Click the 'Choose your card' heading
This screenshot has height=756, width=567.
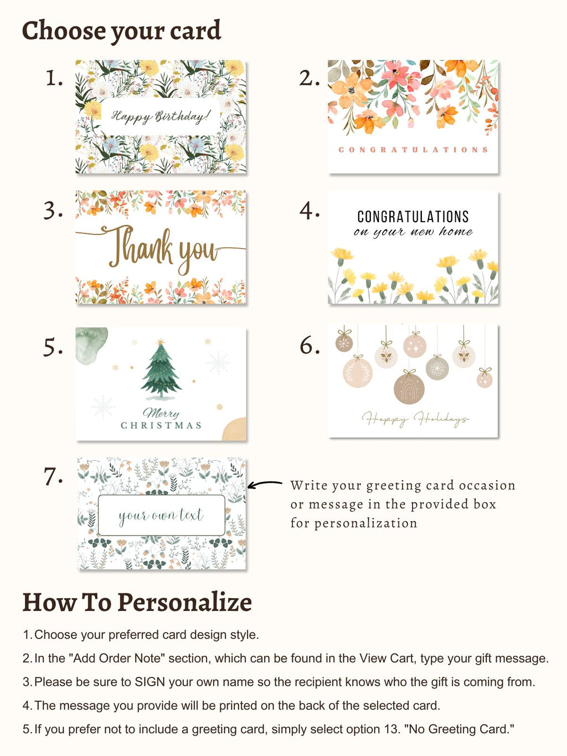coord(121,31)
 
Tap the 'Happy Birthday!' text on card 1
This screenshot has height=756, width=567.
coord(161,116)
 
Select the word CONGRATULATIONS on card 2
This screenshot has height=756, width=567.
coord(413,150)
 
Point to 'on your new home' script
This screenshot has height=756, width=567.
coord(413,232)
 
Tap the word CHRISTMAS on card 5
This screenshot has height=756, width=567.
coord(161,425)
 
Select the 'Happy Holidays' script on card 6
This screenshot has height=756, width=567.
coord(415,419)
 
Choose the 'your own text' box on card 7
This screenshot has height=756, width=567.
coord(161,515)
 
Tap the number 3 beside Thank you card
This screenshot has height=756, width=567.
coord(53,211)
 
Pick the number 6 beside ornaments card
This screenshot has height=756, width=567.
coord(310,346)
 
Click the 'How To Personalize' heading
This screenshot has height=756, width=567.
coord(137,603)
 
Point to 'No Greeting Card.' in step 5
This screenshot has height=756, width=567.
coord(460,729)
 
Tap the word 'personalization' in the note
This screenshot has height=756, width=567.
coord(365,523)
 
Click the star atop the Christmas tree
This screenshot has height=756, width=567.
coord(161,342)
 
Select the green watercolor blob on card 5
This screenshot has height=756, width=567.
coord(91,345)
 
